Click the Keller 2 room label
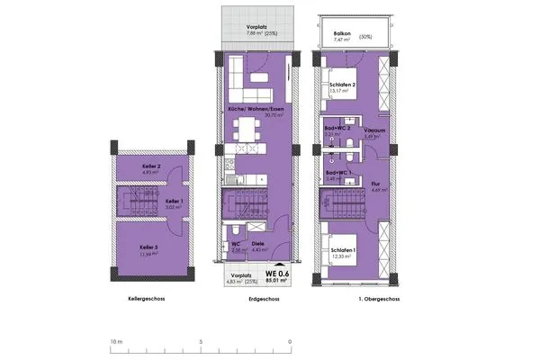click(x=150, y=166)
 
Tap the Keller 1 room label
click(x=174, y=201)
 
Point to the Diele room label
click(x=257, y=243)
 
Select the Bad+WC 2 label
click(x=336, y=129)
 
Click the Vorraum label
click(x=375, y=130)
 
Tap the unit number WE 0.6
click(x=276, y=274)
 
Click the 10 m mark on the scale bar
click(x=114, y=342)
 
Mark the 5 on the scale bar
click(x=202, y=342)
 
